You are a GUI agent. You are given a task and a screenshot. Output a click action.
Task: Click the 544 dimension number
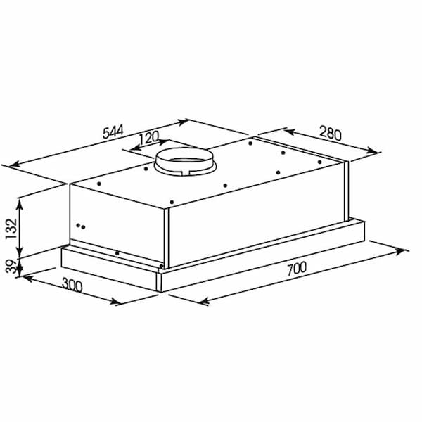(113, 131)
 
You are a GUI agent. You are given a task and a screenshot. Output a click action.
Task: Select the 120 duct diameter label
(148, 138)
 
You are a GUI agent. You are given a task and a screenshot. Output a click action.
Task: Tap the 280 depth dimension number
(331, 133)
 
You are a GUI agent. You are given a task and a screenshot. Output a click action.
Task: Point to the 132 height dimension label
(11, 229)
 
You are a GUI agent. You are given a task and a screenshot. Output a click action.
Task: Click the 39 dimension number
(11, 266)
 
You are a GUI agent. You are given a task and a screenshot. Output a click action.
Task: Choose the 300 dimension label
(72, 285)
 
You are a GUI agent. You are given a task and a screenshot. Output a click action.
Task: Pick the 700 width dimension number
(297, 269)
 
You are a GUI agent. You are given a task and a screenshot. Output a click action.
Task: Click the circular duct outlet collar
(185, 162)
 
